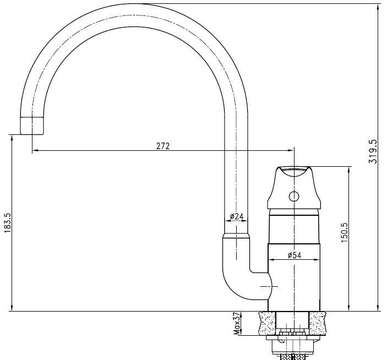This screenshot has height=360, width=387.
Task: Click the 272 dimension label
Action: coord(163,146)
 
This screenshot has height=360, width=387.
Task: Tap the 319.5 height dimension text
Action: coord(373,151)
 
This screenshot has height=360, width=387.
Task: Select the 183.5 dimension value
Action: coord(8,223)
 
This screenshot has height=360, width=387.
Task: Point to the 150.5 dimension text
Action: coord(344,232)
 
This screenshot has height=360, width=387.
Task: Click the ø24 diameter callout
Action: coord(237,216)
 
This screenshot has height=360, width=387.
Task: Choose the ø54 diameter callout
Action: coord(295,255)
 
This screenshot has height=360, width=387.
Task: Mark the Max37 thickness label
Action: coord(237,324)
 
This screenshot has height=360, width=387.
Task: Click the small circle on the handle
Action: coord(294,197)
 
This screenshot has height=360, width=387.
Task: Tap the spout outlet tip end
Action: coord(32,134)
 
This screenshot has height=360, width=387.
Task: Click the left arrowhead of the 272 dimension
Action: coord(35,150)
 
